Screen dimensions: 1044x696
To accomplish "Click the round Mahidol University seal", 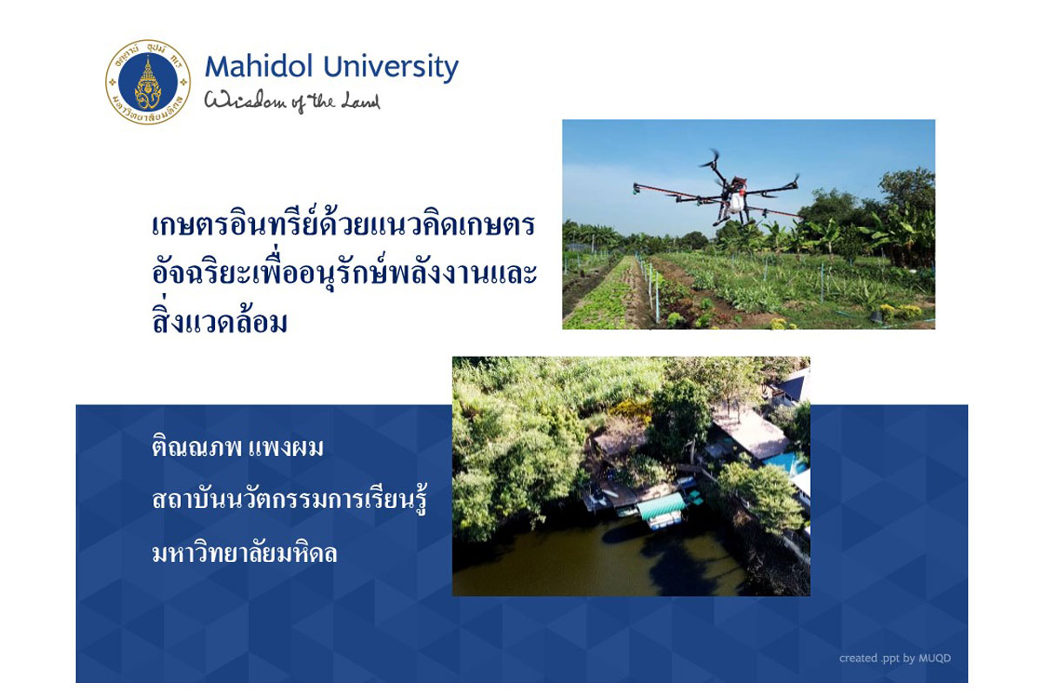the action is [148, 82].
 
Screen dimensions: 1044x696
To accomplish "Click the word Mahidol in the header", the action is [258, 67].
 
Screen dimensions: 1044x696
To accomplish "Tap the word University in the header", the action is [391, 68].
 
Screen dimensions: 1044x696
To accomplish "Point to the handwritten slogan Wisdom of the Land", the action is [292, 101].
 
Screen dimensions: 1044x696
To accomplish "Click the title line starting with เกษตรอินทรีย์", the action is [344, 225].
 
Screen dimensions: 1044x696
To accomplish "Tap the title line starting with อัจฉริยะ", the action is [345, 272].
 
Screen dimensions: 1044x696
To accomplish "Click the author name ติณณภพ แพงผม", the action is [238, 445].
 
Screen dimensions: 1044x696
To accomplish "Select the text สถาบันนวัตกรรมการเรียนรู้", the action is [290, 497].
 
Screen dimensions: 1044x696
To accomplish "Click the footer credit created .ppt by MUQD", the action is [895, 659].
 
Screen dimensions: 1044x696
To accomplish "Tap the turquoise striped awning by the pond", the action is [660, 506].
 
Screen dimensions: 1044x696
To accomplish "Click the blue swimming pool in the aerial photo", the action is [786, 461].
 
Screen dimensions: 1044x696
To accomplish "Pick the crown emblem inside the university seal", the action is [148, 83].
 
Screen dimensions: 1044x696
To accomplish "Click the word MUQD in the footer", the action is [934, 658].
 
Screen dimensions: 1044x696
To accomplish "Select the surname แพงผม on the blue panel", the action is [285, 447].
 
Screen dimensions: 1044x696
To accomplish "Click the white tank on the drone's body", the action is [734, 201].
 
